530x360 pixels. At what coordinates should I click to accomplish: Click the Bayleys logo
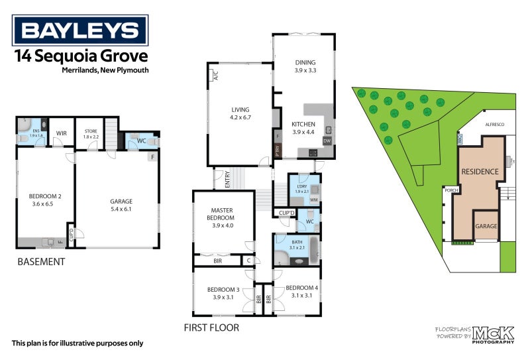pos(81,30)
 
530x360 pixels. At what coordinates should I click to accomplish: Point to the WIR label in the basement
pos(62,133)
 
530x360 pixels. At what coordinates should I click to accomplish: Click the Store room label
pos(91,135)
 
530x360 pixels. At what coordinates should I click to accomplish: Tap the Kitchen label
pos(303,127)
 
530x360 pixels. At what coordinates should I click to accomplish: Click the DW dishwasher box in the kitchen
pos(327,141)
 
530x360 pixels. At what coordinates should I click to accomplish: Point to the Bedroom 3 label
pos(223,293)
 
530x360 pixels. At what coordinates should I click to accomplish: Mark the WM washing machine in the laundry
pos(314,199)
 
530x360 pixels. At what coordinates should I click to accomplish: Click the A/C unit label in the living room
pos(215,76)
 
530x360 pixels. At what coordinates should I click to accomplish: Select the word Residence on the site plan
pos(480,172)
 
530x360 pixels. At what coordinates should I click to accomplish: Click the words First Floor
pos(212,328)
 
